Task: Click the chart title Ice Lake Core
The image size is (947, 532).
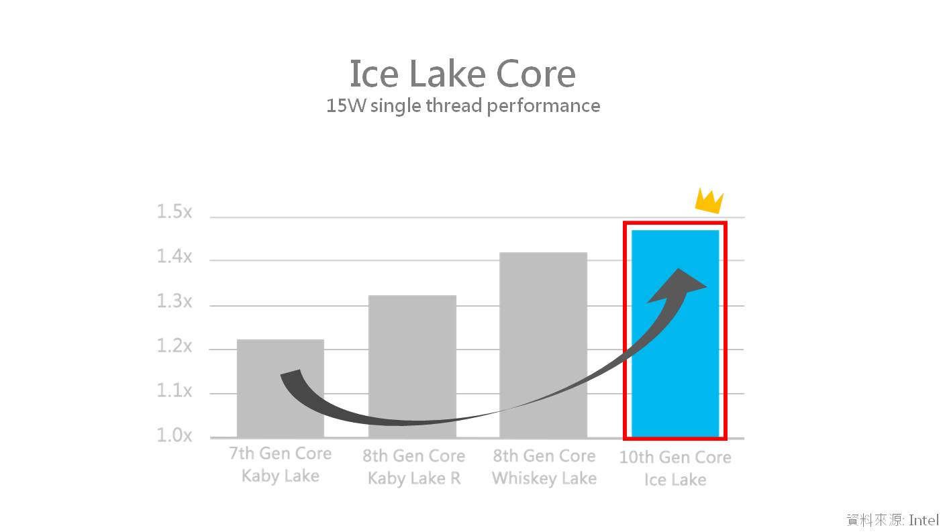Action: tap(462, 74)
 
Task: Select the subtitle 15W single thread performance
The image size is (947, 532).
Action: tap(463, 106)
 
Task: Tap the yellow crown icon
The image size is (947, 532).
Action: tap(709, 201)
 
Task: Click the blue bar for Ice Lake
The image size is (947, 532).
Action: tap(675, 334)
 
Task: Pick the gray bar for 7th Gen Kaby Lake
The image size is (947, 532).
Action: tap(281, 388)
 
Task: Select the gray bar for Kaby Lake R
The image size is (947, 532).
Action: tap(412, 366)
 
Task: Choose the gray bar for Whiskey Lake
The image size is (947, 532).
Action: tap(543, 345)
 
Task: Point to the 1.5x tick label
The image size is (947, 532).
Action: tap(175, 211)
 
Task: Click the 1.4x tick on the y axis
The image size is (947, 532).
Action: tap(175, 256)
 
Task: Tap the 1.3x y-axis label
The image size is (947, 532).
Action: tap(175, 301)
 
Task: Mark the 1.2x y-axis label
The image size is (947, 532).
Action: tap(175, 346)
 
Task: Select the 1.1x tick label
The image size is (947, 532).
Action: tap(175, 391)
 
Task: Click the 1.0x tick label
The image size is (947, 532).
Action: tap(175, 435)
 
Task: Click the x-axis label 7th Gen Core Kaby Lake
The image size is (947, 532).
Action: tap(281, 464)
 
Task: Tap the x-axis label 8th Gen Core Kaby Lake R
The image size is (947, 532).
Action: tap(413, 467)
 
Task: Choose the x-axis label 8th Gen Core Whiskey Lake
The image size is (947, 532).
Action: tap(544, 467)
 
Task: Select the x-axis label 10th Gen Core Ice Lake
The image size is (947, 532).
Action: tap(675, 468)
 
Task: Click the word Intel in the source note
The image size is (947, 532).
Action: tap(924, 520)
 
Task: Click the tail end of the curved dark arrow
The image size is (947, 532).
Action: tap(291, 373)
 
